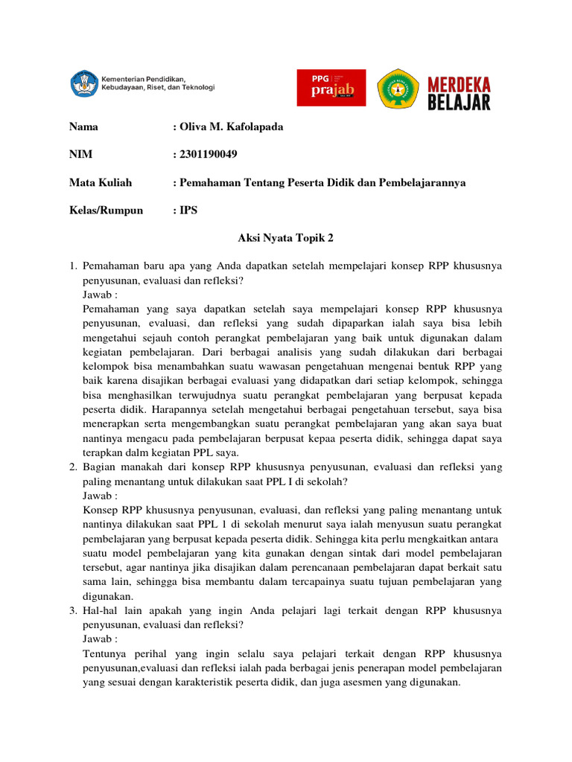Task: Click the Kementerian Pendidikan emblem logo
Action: pyautogui.click(x=82, y=83)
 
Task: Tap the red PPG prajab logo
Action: pyautogui.click(x=331, y=88)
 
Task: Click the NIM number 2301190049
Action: pyautogui.click(x=209, y=155)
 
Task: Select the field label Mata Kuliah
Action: pyautogui.click(x=100, y=182)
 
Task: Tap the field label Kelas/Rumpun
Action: pyautogui.click(x=106, y=210)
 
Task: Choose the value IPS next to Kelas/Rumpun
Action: pyautogui.click(x=188, y=210)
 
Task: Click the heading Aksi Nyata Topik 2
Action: pyautogui.click(x=286, y=237)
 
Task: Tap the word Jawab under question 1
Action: pyautogui.click(x=98, y=295)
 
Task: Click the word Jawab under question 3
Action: pyautogui.click(x=98, y=639)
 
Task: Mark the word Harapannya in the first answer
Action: pyautogui.click(x=155, y=409)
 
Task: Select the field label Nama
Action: pyautogui.click(x=83, y=127)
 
